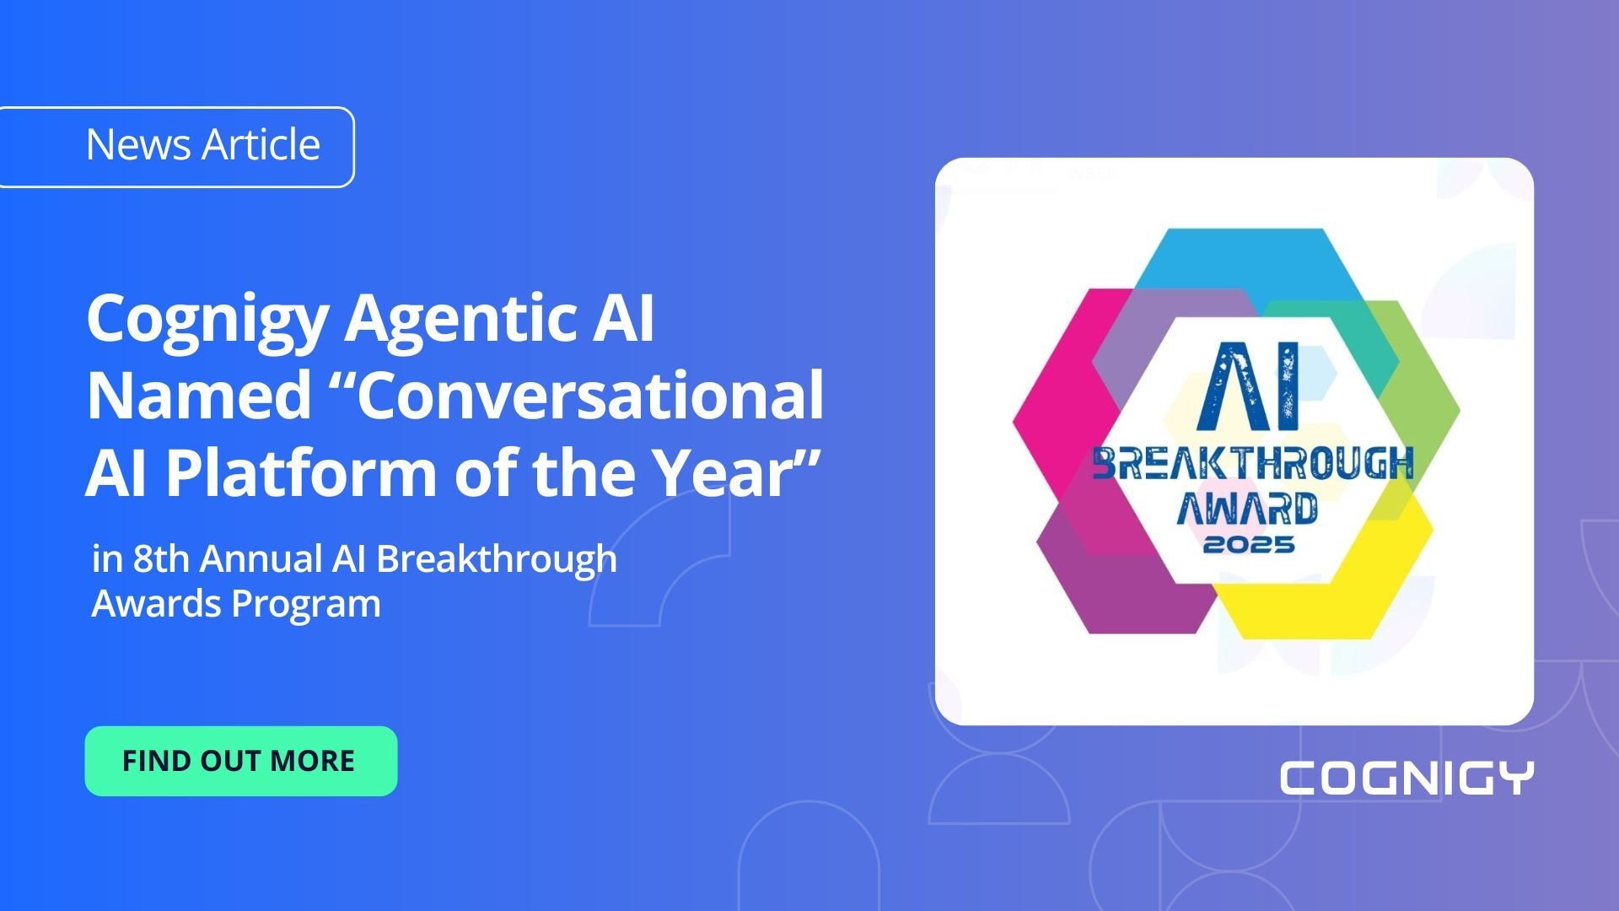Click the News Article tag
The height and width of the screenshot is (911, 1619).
[202, 145]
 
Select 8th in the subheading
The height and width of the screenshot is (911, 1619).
[160, 558]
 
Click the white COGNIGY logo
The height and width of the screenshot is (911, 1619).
[1407, 778]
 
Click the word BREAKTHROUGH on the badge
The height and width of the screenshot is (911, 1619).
[1252, 464]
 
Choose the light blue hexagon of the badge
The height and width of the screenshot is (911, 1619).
[1240, 257]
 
